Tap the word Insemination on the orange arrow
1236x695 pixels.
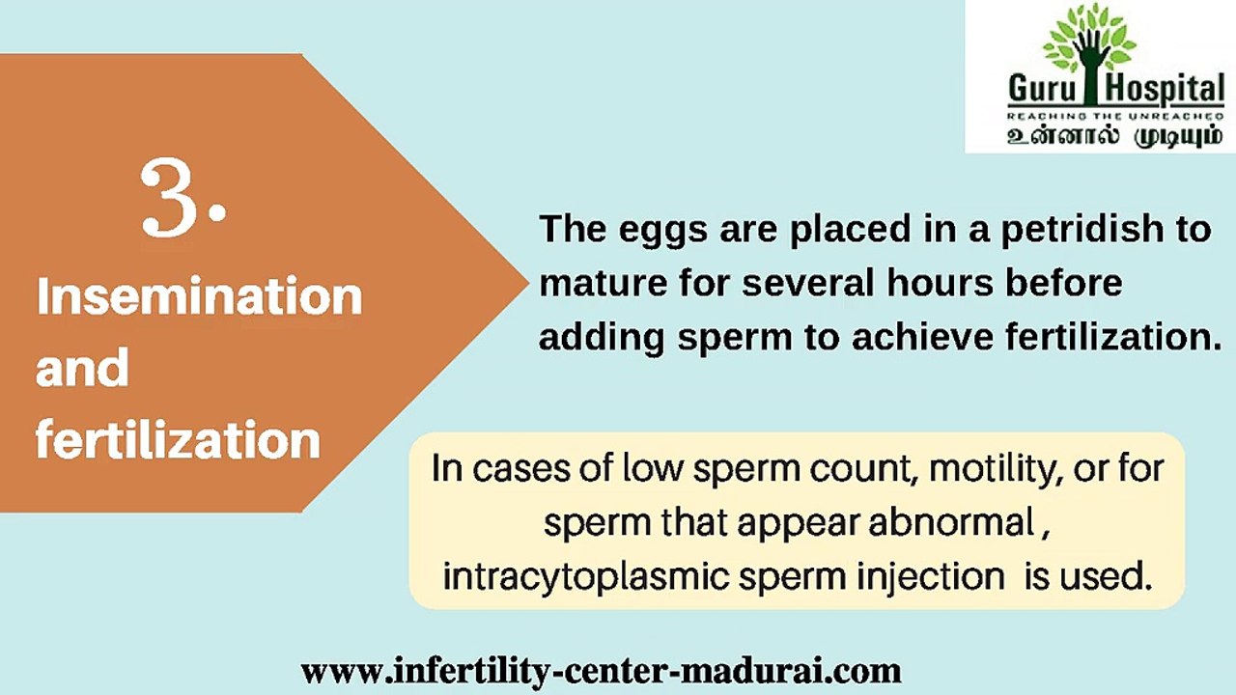click(199, 296)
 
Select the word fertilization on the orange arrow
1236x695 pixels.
click(178, 440)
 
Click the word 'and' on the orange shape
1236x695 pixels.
click(82, 369)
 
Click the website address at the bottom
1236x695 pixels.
click(602, 669)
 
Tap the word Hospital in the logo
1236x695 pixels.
click(1163, 91)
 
